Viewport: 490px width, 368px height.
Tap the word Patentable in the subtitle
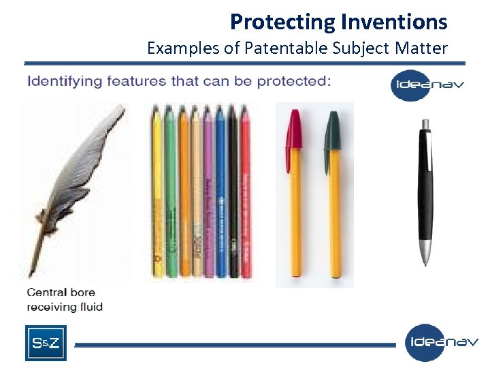point(289,48)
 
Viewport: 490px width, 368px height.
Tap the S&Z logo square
point(46,343)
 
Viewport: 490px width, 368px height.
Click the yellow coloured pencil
point(158,191)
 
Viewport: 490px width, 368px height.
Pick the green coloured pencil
point(170,191)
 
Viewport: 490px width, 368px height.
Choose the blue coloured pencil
point(220,191)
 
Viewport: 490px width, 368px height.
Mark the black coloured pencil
point(233,191)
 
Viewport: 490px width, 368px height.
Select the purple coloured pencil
point(208,191)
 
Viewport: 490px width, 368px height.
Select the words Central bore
point(61,293)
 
